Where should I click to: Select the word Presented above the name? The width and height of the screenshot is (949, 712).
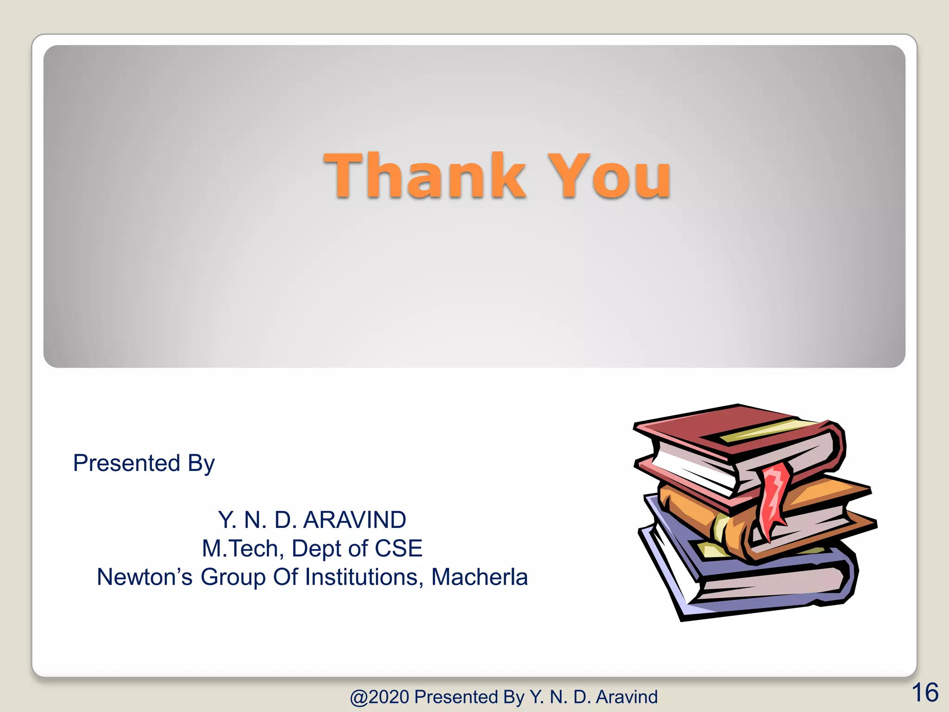coord(127,463)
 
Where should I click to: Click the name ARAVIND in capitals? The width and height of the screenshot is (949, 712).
coord(354,520)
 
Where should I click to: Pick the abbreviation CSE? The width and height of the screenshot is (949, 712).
coord(399,548)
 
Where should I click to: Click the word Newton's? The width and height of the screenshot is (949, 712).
coord(144,577)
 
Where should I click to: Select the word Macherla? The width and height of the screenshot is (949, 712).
coord(480,577)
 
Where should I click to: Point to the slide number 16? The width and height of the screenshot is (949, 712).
coord(925,693)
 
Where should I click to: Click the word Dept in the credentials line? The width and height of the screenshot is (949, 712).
coord(317,548)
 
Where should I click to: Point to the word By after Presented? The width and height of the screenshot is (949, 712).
coord(201,463)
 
